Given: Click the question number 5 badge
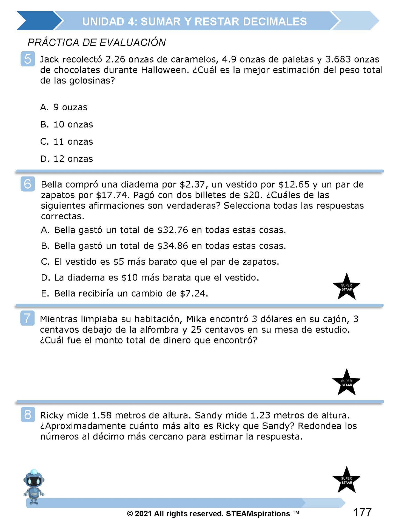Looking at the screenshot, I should (28, 59).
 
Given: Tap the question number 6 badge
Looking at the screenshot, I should (28, 184).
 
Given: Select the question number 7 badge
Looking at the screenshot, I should (27, 318).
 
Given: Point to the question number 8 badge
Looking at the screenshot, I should (28, 415).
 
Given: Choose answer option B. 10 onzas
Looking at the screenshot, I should (67, 125).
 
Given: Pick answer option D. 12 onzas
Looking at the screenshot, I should (67, 159).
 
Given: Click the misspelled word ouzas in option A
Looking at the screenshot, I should (75, 107).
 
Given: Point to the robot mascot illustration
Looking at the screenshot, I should (33, 487).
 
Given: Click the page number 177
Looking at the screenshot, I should (362, 513).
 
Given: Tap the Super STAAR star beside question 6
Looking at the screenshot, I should (346, 287).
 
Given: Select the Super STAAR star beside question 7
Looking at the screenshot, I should (346, 382).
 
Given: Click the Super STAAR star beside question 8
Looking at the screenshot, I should (346, 480).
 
